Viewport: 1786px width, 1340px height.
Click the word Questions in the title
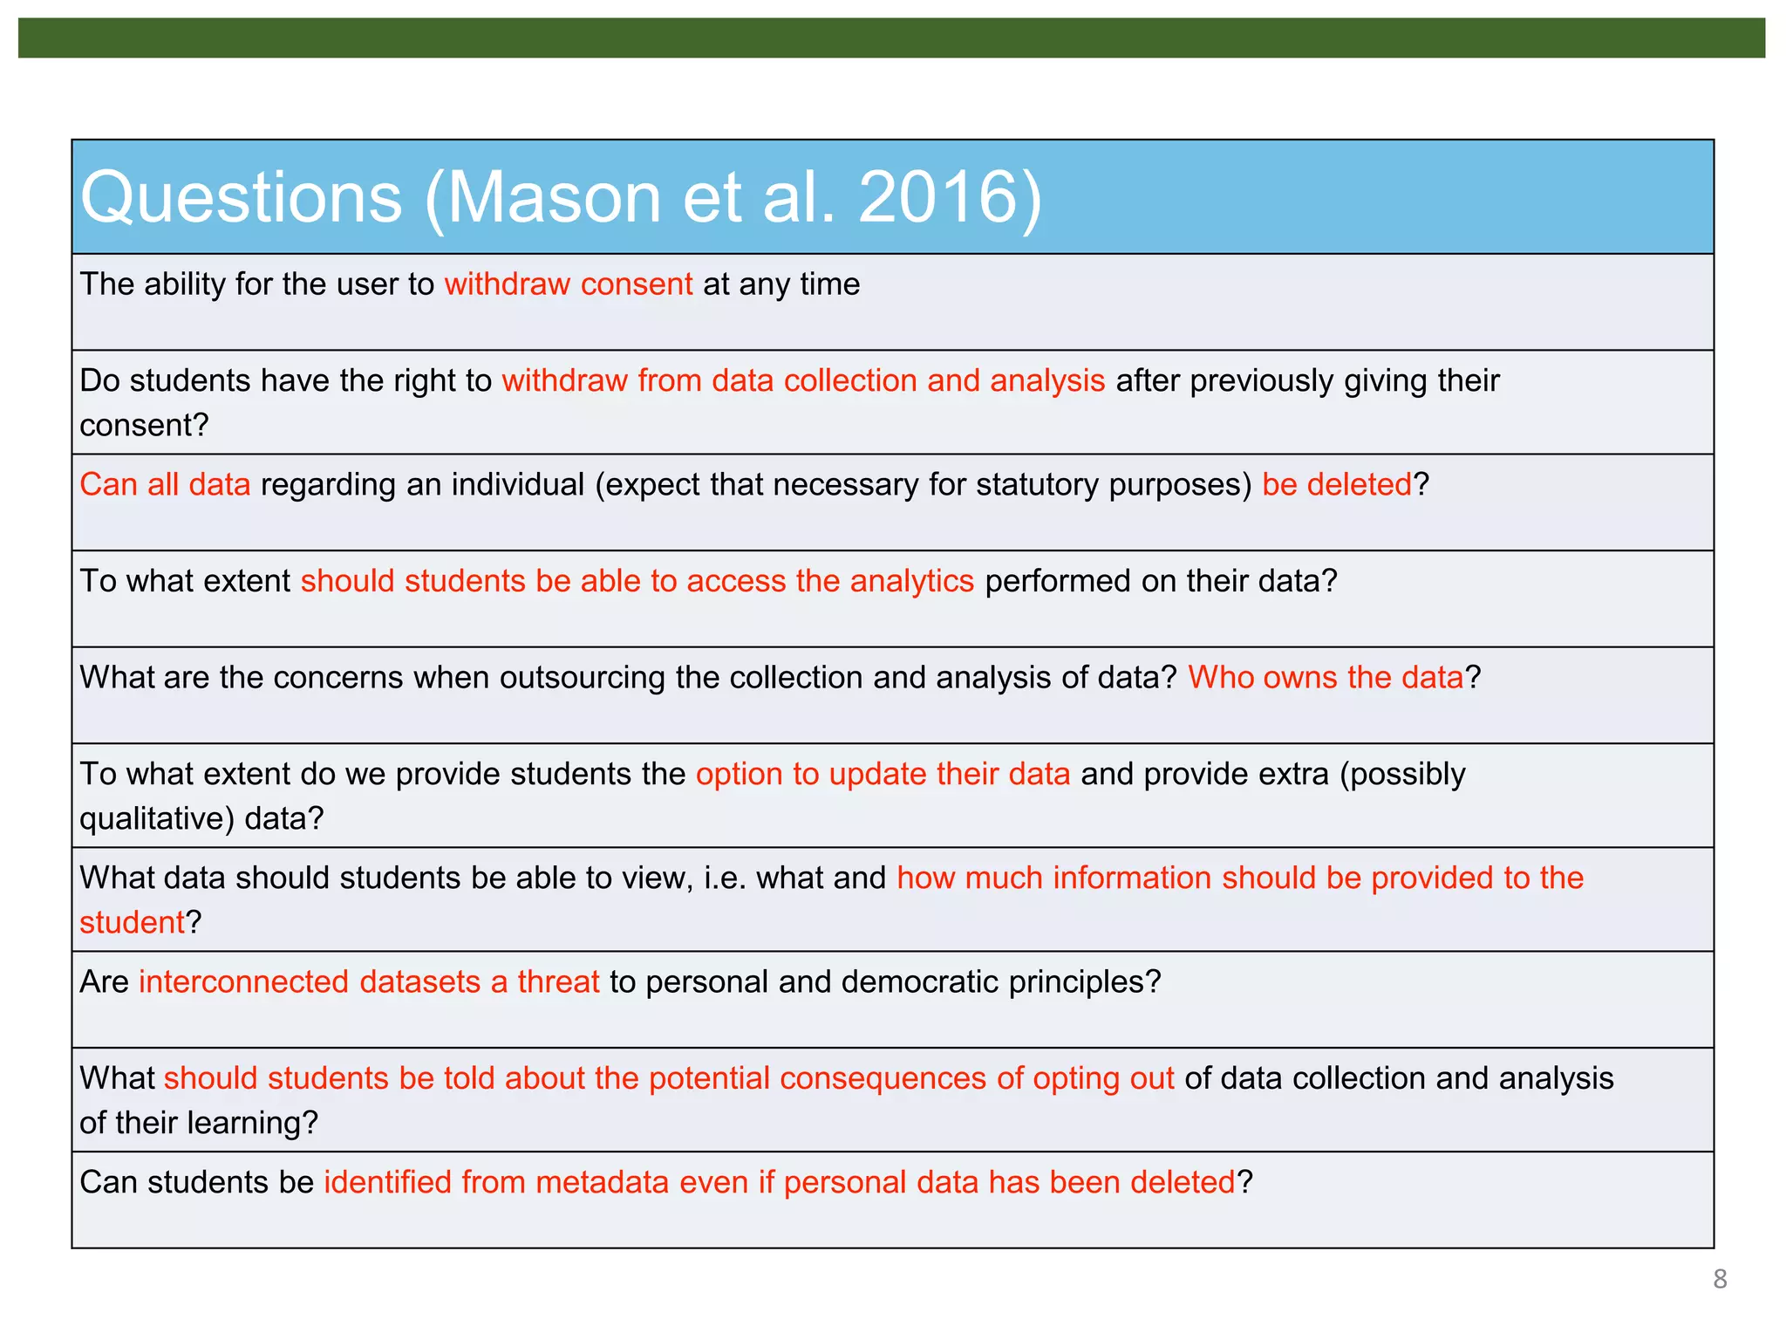pos(242,198)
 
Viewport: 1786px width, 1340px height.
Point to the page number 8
pos(1720,1279)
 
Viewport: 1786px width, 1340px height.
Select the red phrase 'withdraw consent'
pos(569,284)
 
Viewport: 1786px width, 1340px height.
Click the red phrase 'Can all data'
pos(165,484)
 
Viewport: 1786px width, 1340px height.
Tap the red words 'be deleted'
pos(1336,484)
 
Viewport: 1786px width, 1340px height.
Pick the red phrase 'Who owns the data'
pos(1326,678)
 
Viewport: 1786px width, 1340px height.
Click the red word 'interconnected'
pos(243,982)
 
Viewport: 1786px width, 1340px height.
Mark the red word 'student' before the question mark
pos(132,923)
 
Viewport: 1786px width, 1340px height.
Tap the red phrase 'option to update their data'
pos(883,775)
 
